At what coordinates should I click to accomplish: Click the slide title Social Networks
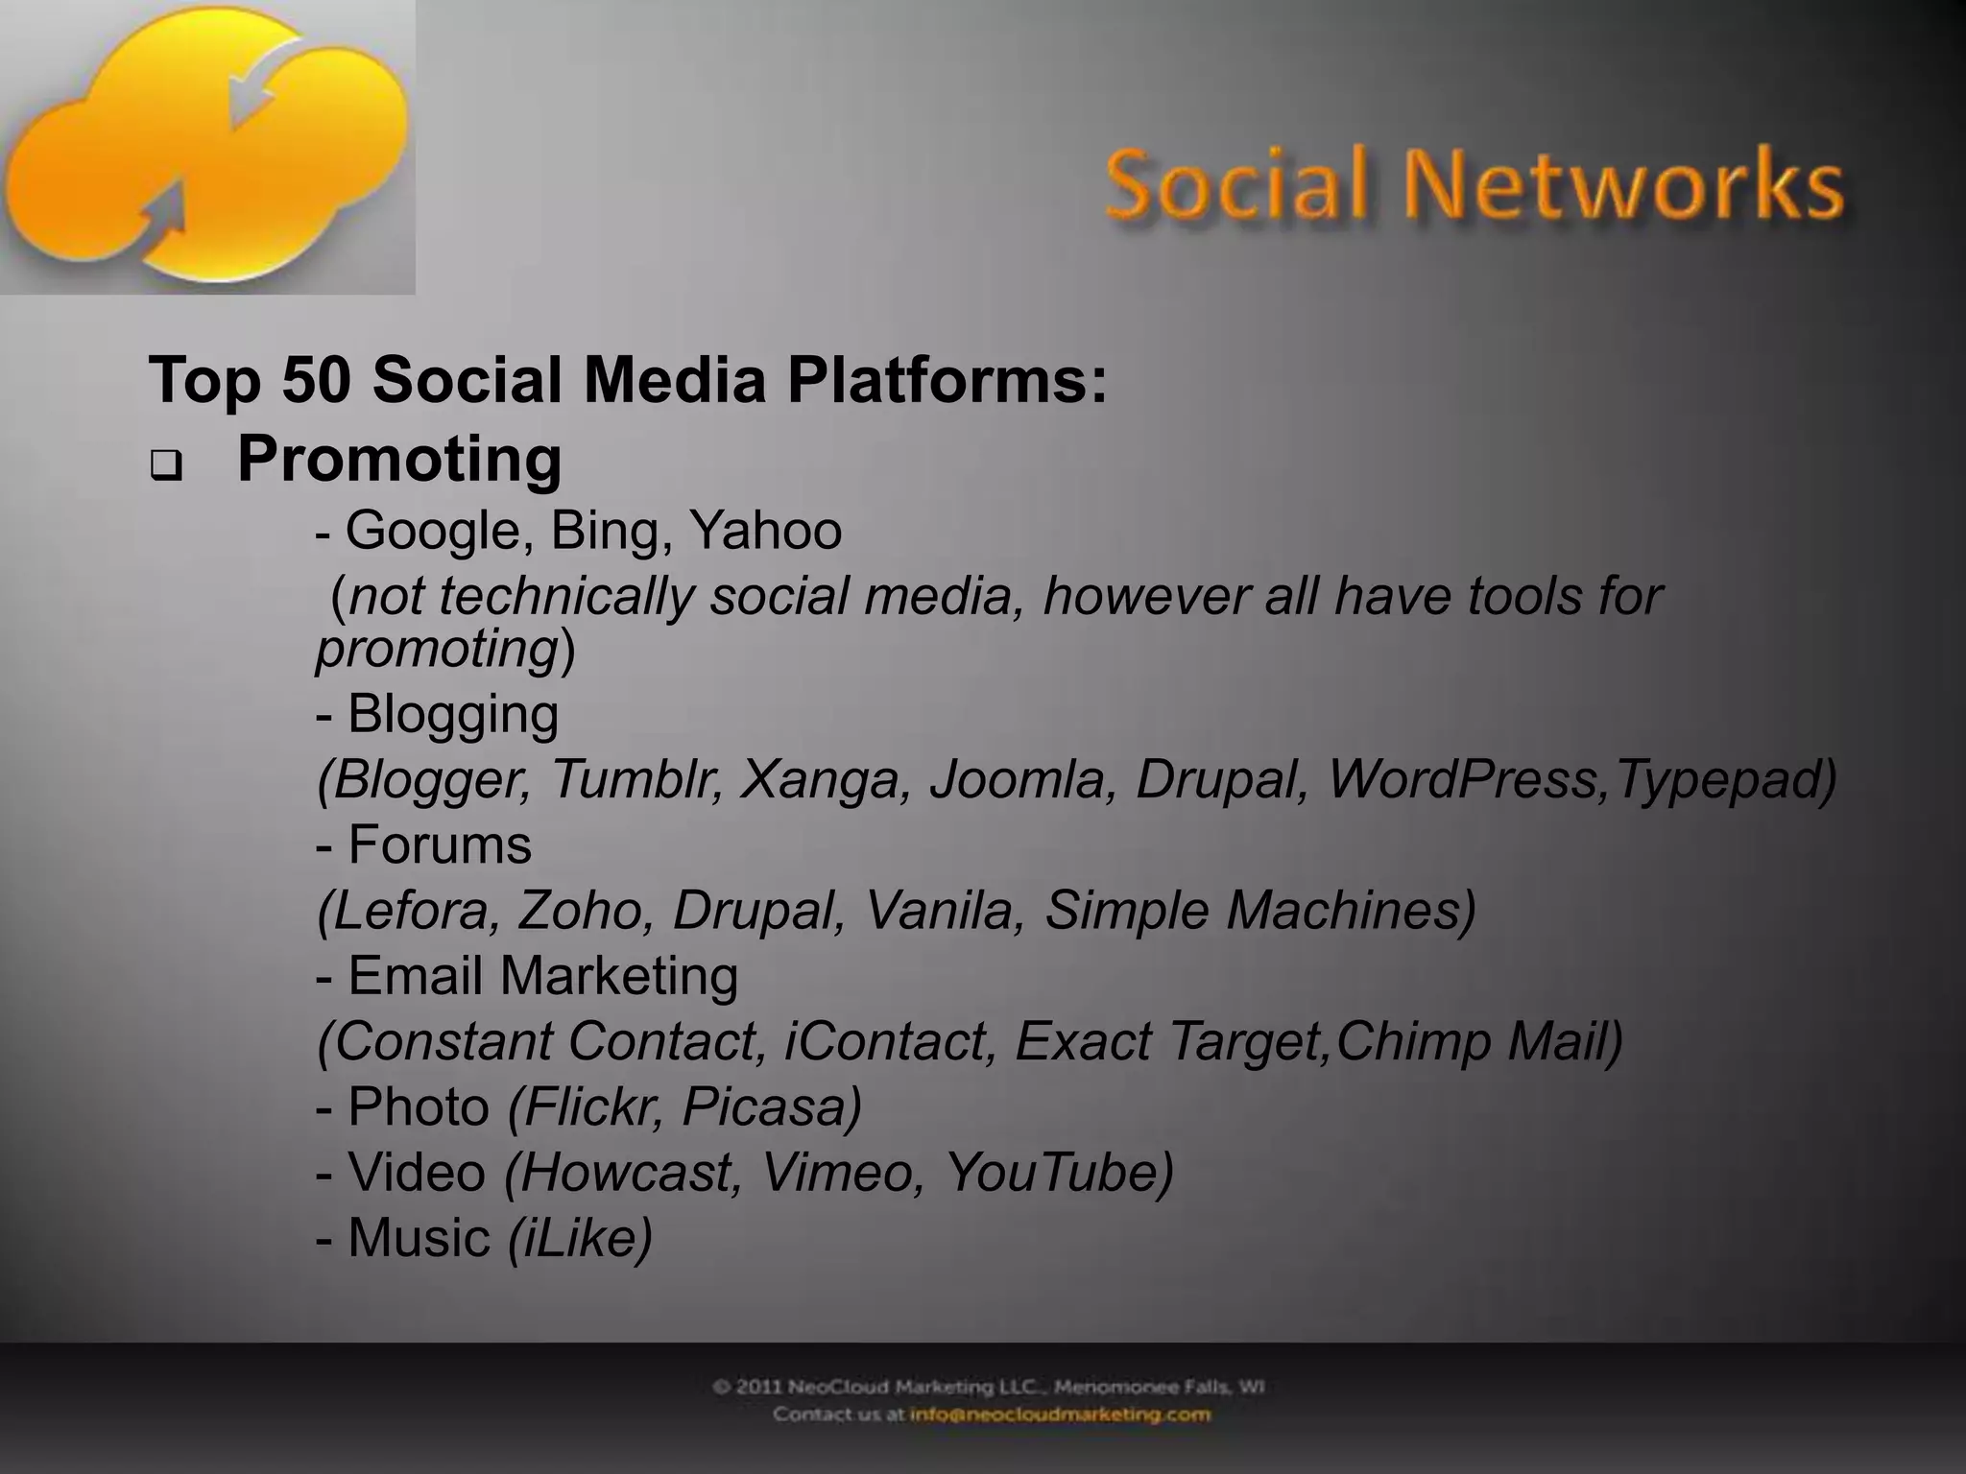click(1474, 185)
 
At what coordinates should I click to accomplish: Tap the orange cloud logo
click(206, 144)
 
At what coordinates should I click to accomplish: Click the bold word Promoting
click(399, 459)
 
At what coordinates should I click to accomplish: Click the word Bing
click(602, 531)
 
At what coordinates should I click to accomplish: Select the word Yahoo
click(765, 531)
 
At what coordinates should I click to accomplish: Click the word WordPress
click(1465, 779)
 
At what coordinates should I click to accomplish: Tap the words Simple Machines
click(1258, 910)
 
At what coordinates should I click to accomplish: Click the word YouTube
click(1057, 1172)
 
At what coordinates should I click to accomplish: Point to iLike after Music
click(580, 1237)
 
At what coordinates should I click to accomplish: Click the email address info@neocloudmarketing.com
click(1060, 1415)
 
